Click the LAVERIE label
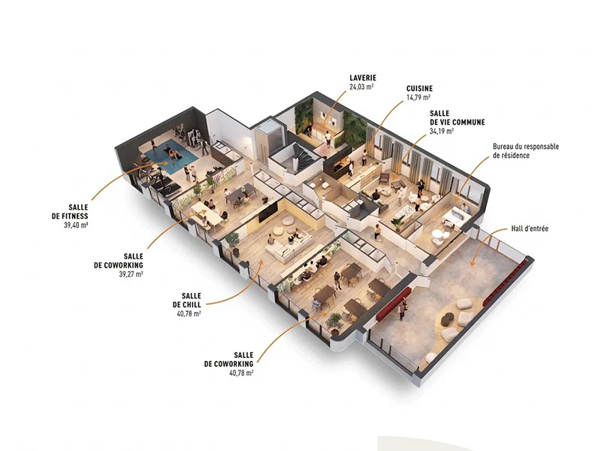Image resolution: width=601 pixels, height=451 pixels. tap(363, 78)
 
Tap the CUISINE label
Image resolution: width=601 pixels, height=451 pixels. tap(419, 89)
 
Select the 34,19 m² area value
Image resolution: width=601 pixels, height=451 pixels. tap(442, 131)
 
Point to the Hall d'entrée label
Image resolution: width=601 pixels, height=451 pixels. tap(530, 229)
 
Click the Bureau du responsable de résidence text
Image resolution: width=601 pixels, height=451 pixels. tap(526, 151)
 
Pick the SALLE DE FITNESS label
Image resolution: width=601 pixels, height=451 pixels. tap(70, 212)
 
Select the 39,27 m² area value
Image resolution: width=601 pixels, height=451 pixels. tap(131, 274)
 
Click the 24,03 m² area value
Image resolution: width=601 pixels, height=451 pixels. tap(361, 86)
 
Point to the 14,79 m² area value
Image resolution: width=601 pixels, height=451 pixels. tap(418, 98)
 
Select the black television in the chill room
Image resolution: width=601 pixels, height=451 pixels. tap(268, 212)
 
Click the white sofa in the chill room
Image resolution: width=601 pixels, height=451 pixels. tap(289, 247)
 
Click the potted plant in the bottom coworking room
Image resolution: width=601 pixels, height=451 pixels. tap(334, 322)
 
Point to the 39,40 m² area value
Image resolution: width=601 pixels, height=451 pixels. tap(76, 225)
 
